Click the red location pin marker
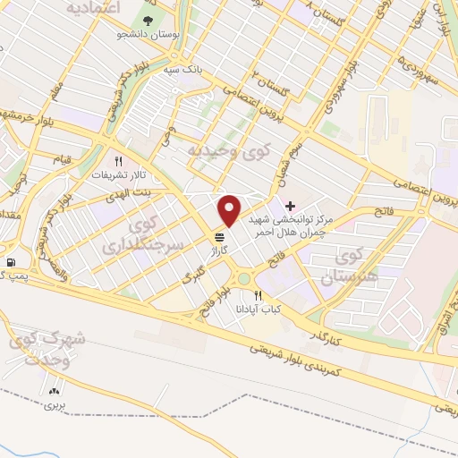coord(230,211)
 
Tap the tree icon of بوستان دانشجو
coord(146,19)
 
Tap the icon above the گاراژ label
coord(220,236)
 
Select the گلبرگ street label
coord(194,278)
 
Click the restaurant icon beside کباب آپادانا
coord(259,295)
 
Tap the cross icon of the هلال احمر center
coord(290,206)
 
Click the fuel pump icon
coord(11,262)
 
